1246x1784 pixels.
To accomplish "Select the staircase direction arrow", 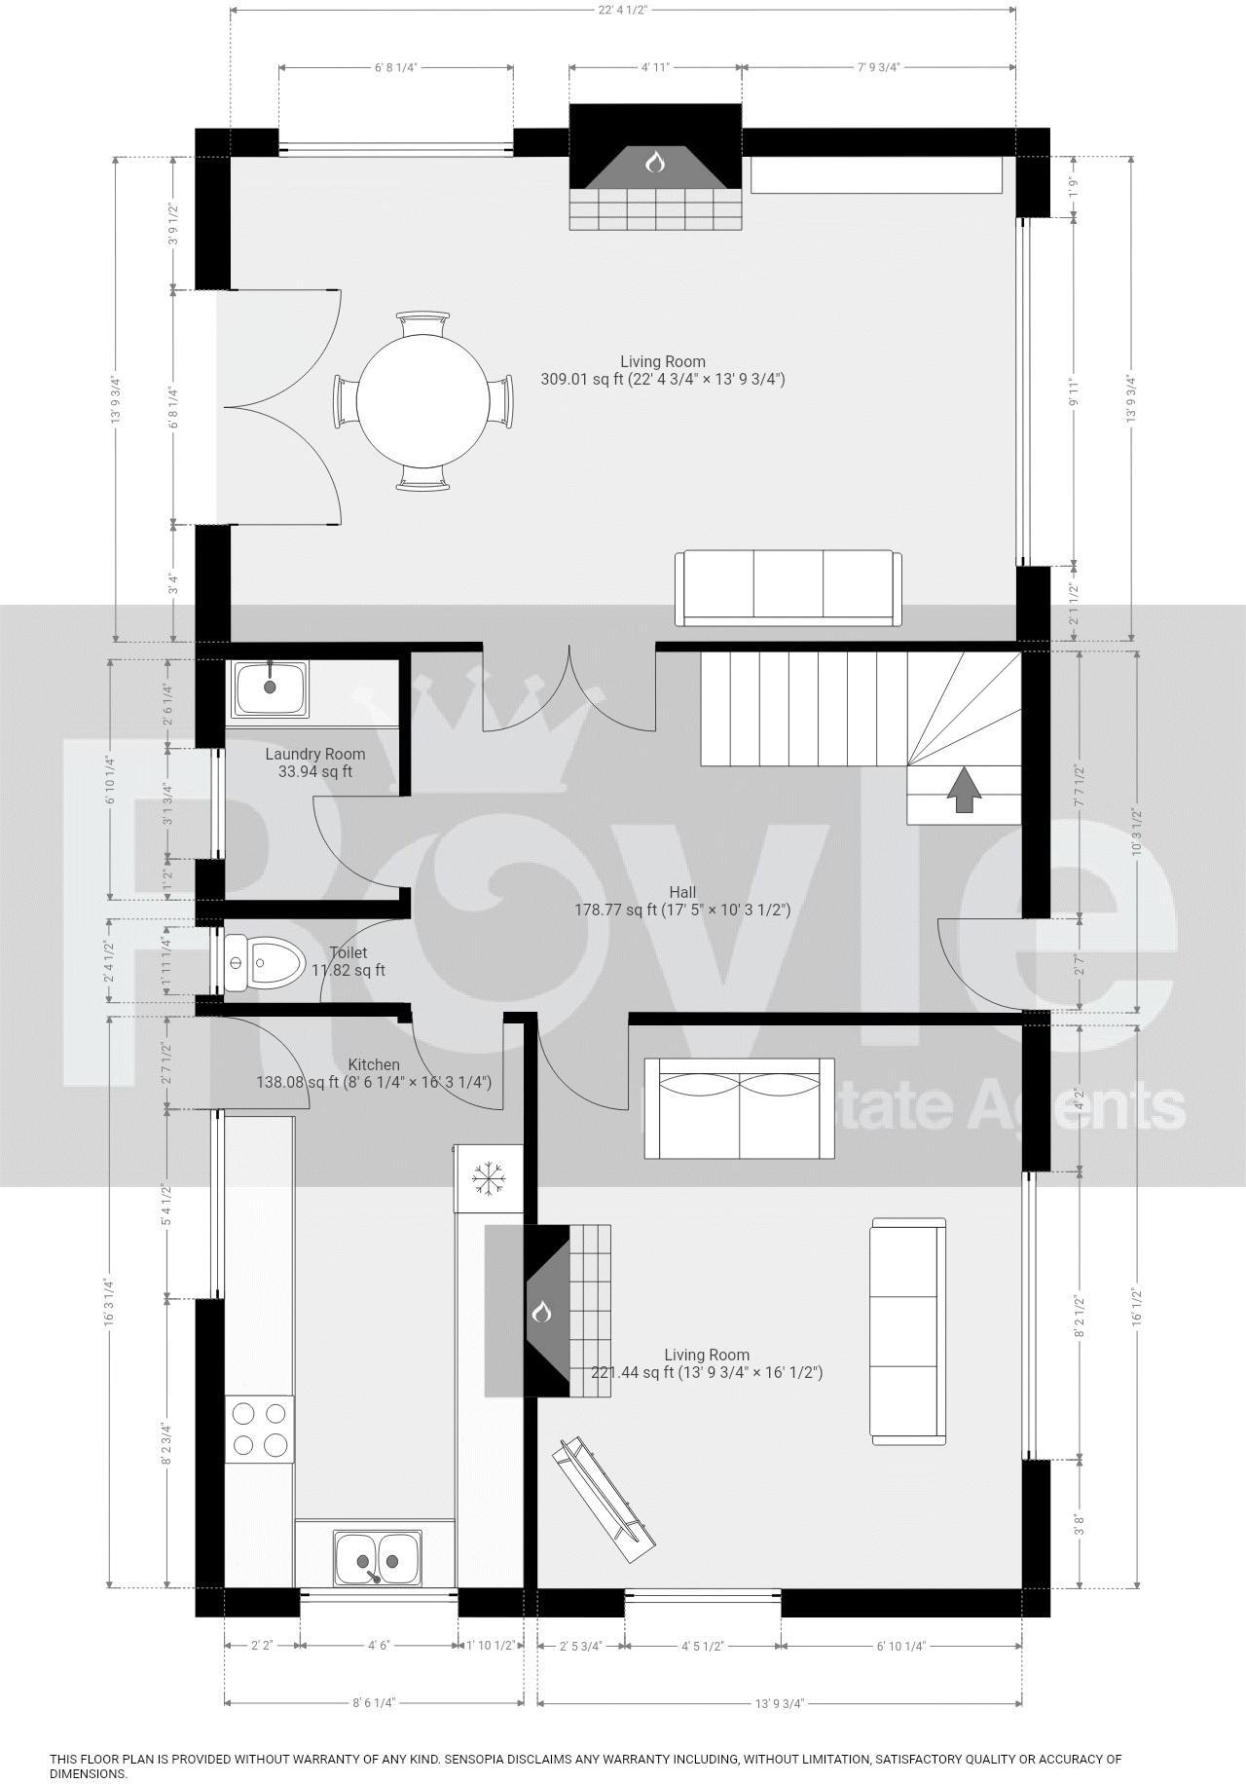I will (x=964, y=789).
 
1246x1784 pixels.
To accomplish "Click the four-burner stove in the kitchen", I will (x=260, y=1429).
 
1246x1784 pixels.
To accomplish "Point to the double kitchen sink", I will (x=378, y=1559).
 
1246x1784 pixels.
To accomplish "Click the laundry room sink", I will (x=271, y=688).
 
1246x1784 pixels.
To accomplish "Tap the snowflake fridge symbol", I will (x=488, y=1177).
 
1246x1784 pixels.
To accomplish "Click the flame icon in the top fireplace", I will (x=655, y=161).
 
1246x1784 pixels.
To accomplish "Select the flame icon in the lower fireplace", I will (x=542, y=1313).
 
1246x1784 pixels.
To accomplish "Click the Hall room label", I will (x=681, y=892).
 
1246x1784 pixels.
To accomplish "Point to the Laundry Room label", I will (x=314, y=754).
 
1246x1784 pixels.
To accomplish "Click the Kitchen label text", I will (x=374, y=1064).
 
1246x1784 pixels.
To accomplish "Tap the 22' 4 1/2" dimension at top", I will (x=622, y=10).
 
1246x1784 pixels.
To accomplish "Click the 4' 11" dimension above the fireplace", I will (x=655, y=67).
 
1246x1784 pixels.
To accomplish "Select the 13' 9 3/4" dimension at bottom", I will (x=779, y=1730).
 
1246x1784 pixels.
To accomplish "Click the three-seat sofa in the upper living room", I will (x=788, y=587).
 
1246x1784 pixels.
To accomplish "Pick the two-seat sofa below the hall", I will (x=740, y=1108).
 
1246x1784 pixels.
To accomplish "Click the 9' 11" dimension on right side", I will (x=1075, y=391).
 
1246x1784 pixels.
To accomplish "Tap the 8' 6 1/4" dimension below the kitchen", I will (x=374, y=1730).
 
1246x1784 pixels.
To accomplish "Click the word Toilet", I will (x=348, y=952).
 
